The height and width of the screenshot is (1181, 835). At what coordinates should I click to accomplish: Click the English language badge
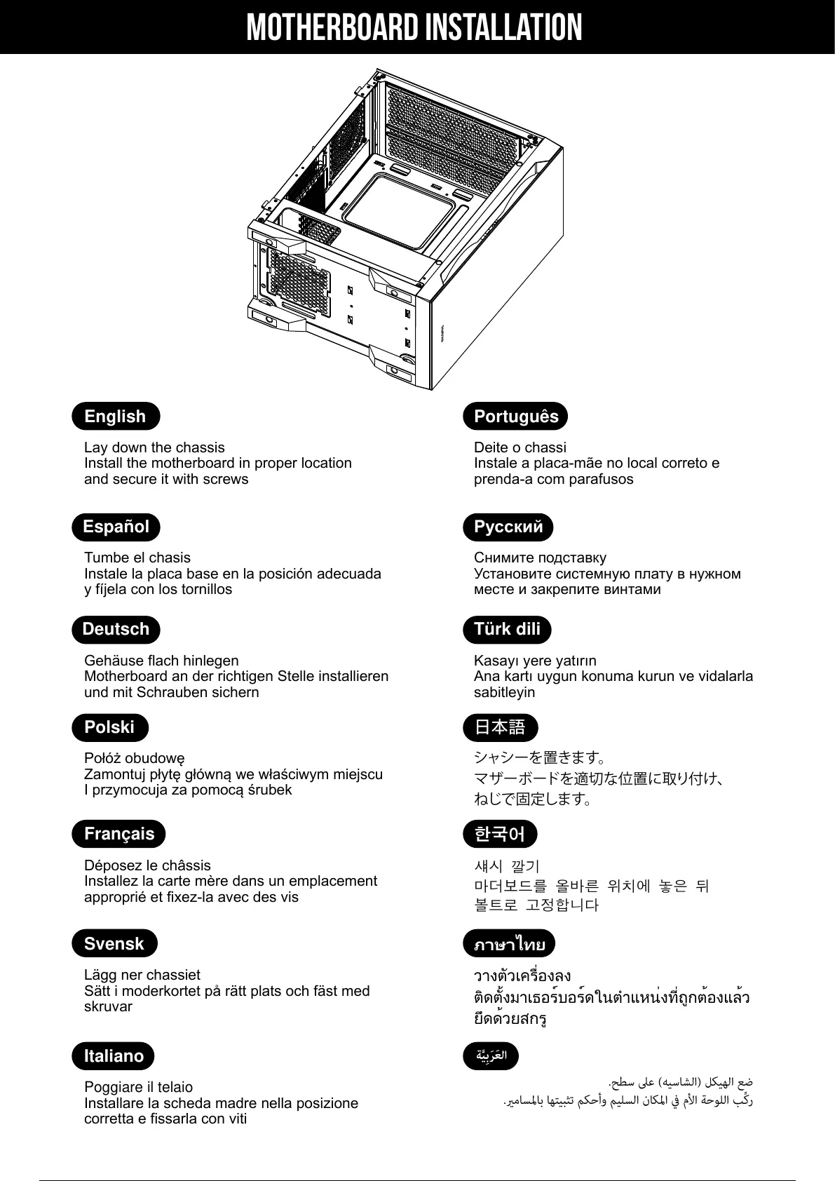coord(116,416)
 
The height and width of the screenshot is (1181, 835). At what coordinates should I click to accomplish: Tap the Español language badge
coord(116,527)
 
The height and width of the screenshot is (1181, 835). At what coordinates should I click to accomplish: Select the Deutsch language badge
coord(116,629)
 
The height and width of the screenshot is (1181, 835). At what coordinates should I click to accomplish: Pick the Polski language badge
coord(110,727)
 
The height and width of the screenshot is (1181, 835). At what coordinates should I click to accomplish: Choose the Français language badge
coord(119,834)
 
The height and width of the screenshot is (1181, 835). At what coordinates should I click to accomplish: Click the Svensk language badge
coord(114,944)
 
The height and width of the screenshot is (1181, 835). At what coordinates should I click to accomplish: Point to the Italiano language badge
coord(114,1056)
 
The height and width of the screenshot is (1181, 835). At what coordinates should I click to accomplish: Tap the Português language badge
coord(516,416)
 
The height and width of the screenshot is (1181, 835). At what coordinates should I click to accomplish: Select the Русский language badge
coord(508,527)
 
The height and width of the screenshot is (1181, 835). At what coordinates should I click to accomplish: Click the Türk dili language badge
coord(507,629)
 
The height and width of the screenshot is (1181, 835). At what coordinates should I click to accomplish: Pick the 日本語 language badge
coord(500,727)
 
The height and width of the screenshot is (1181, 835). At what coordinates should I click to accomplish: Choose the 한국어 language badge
coord(500,834)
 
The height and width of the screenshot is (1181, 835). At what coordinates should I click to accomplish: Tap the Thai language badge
coord(510,944)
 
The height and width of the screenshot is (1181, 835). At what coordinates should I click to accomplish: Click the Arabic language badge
coord(491,1056)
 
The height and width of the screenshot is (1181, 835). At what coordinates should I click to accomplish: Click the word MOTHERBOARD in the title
coord(332,28)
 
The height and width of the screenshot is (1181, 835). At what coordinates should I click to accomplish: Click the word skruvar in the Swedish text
coord(108,1006)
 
